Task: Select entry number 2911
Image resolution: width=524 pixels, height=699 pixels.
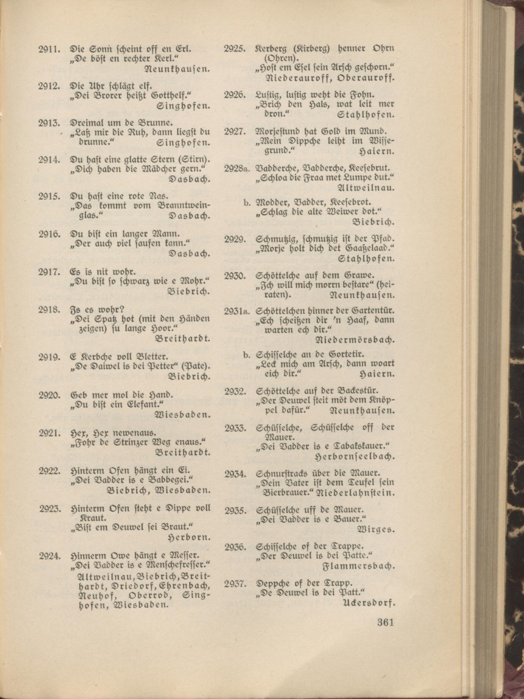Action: [49, 49]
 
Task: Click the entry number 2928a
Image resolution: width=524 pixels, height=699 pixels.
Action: [237, 169]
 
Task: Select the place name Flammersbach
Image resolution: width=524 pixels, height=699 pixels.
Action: [358, 566]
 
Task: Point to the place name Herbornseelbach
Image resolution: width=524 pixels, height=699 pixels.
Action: [355, 456]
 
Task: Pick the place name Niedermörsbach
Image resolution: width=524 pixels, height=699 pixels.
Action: [355, 340]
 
